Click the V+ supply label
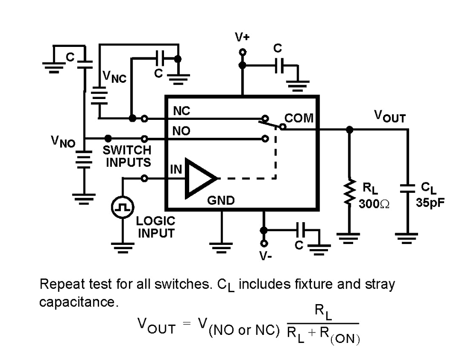[x=242, y=37]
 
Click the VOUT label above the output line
[x=390, y=116]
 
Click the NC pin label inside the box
[x=181, y=111]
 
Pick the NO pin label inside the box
[x=181, y=132]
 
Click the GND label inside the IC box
[x=221, y=200]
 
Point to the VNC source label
[x=114, y=77]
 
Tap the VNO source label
[x=64, y=141]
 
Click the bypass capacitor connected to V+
[x=278, y=65]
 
